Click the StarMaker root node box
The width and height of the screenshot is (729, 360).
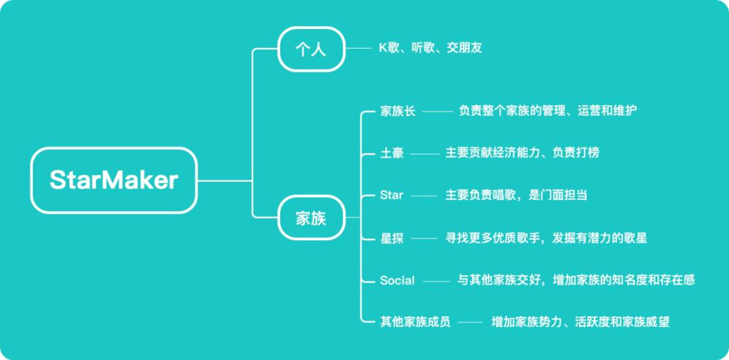(x=114, y=180)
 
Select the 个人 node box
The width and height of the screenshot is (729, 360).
(x=311, y=49)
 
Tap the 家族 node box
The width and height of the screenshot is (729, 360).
(x=311, y=217)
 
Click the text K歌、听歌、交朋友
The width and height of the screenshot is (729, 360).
(x=431, y=49)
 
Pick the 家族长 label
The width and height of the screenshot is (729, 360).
(x=398, y=111)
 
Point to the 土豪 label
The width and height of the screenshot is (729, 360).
(x=392, y=153)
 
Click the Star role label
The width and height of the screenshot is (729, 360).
(x=391, y=195)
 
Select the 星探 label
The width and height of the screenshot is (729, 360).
(x=392, y=238)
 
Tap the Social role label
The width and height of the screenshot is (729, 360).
(x=398, y=280)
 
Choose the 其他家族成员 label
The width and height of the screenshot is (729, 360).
(x=415, y=322)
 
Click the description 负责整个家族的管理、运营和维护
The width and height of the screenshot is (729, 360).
(x=548, y=111)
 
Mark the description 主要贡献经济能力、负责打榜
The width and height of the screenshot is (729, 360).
(x=522, y=153)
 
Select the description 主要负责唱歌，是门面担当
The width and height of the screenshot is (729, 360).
(x=516, y=195)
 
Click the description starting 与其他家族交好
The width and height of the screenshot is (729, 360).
(x=576, y=280)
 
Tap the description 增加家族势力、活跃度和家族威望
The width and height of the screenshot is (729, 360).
(x=580, y=322)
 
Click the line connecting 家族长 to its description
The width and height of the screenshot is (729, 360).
(x=437, y=111)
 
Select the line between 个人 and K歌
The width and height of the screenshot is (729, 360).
(x=358, y=49)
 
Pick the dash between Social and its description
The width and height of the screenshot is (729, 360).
(x=435, y=280)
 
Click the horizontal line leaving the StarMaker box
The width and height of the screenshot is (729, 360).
(x=225, y=180)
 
